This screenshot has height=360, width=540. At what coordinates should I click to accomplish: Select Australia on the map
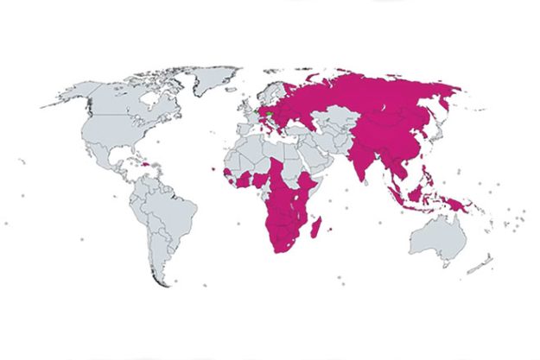coord(436,233)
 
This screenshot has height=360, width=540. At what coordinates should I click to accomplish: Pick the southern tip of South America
coord(156,281)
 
